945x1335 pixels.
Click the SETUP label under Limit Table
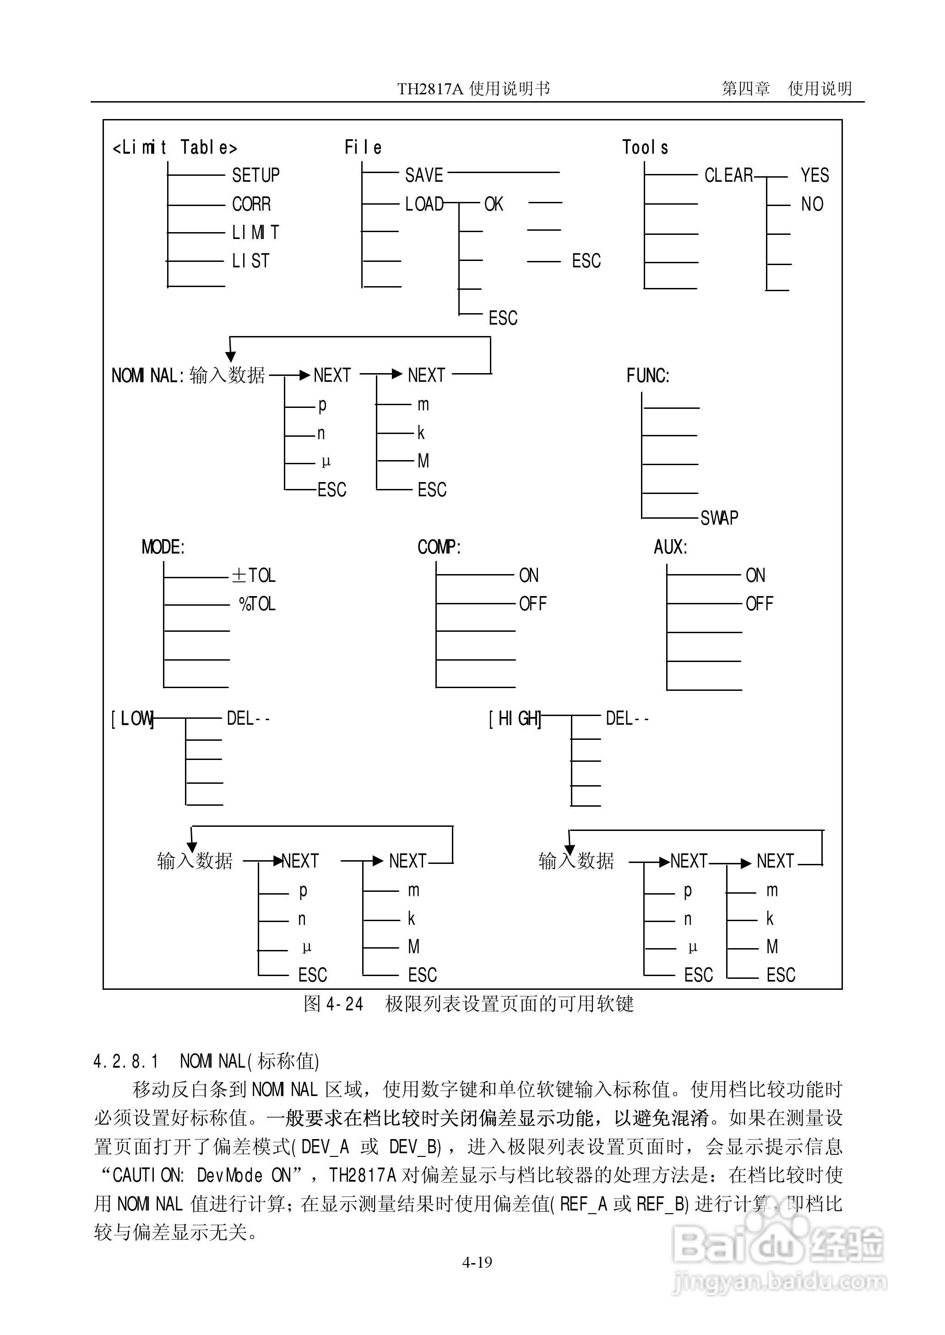[255, 175]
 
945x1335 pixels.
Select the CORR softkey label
[251, 204]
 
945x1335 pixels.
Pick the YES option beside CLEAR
[814, 175]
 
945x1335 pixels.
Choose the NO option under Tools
[812, 204]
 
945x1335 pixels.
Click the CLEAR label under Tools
[728, 175]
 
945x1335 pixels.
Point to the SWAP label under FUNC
[719, 518]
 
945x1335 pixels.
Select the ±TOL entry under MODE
[254, 575]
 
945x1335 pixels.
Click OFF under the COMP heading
[532, 604]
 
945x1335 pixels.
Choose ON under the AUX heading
[755, 575]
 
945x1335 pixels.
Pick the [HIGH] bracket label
[515, 719]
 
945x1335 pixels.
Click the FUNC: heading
[648, 376]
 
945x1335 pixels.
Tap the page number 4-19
[477, 1262]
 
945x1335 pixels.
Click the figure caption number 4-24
[344, 1004]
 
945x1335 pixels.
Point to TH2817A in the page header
[430, 89]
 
